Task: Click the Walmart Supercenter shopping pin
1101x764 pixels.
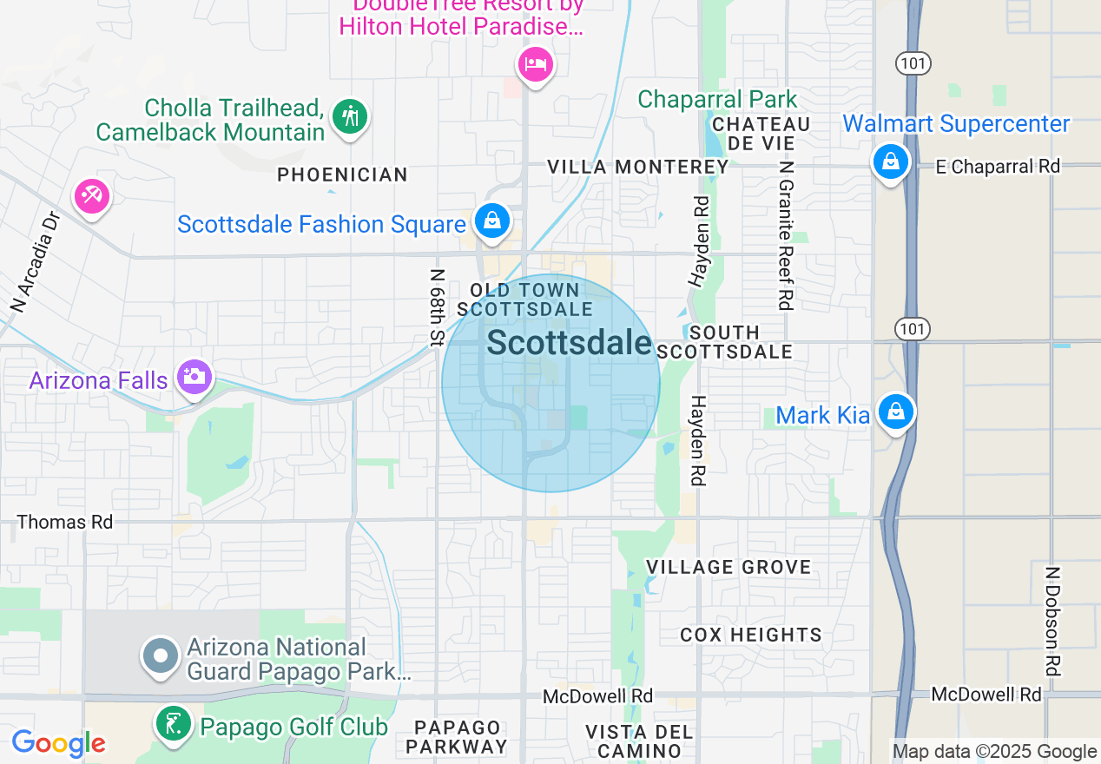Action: [890, 161]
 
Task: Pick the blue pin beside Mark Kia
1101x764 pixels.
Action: [895, 412]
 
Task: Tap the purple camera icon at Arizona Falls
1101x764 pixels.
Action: [194, 377]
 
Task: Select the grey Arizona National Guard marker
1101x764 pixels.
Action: [161, 655]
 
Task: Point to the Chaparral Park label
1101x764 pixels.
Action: [717, 99]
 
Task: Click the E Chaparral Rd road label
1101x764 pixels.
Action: [998, 167]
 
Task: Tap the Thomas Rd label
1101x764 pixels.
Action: [65, 522]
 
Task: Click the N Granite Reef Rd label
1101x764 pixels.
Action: [787, 234]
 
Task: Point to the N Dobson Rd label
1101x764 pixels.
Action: [1052, 621]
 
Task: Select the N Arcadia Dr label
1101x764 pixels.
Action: [34, 261]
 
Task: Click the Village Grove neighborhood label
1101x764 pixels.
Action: [729, 567]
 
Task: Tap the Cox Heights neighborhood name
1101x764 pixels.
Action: [751, 635]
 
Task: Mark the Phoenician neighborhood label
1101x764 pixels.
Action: [342, 175]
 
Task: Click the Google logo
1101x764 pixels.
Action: [58, 743]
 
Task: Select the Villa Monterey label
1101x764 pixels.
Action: [638, 167]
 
